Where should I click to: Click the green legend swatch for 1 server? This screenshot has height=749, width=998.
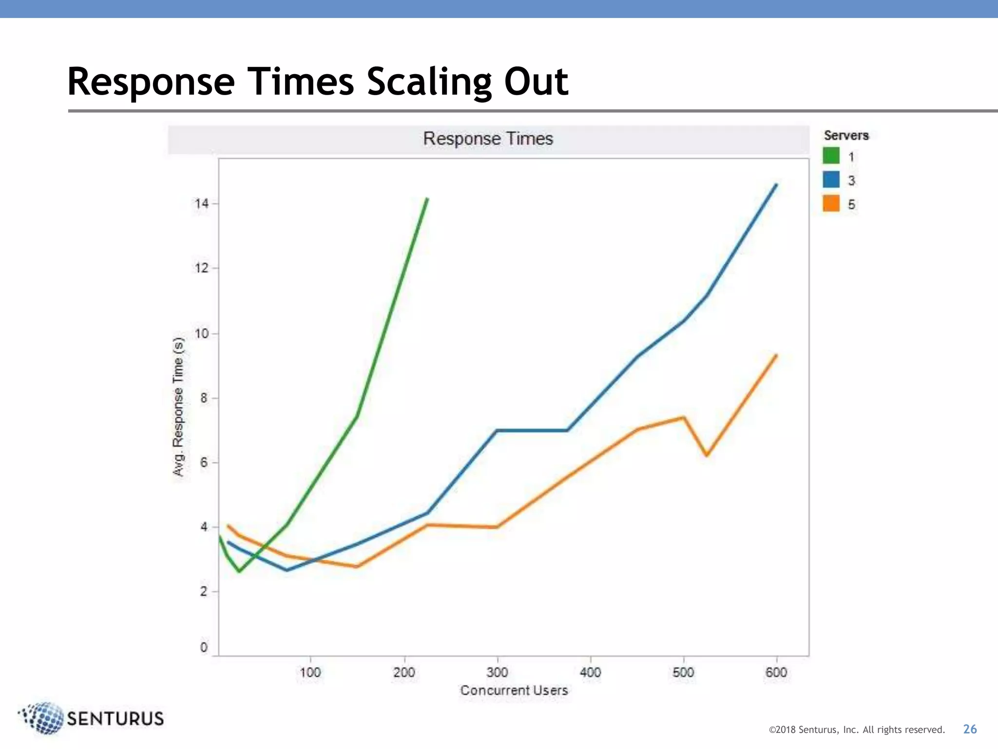point(831,156)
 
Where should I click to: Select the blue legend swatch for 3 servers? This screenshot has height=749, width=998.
point(831,179)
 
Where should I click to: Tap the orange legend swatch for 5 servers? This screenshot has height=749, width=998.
point(831,203)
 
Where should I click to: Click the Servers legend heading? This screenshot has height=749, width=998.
point(846,135)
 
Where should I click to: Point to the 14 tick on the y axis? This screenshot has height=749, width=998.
point(202,203)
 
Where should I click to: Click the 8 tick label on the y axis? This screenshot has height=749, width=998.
point(204,398)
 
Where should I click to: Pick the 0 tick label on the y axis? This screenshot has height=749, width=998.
point(204,647)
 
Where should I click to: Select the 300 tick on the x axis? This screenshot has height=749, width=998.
point(497,672)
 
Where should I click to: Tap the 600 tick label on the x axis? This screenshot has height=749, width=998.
point(776,672)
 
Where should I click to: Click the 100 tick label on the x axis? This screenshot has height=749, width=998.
point(310,672)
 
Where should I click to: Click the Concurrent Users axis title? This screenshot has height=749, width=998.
point(514,690)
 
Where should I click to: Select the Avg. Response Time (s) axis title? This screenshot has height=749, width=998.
point(178,407)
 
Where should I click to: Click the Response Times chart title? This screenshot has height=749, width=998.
point(488,139)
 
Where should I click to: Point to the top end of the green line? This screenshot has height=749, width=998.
point(427,199)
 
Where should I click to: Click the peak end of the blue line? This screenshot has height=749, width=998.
point(776,185)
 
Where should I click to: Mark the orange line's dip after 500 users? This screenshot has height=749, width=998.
point(707,455)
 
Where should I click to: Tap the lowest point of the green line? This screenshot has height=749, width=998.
point(239,571)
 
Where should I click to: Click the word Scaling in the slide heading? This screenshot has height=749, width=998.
point(428,81)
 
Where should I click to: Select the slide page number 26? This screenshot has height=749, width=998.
point(970,729)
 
